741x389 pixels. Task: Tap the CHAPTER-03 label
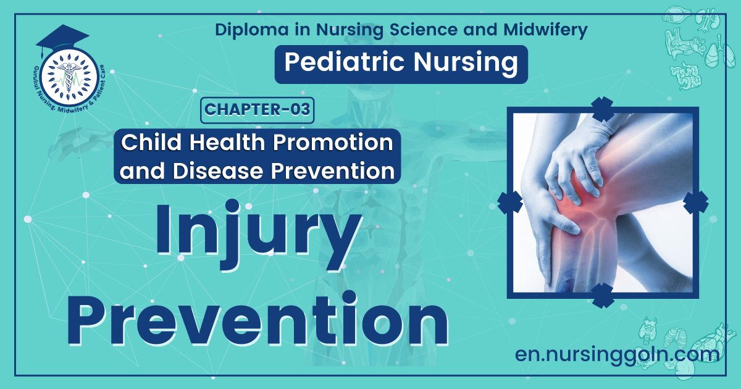coord(256,111)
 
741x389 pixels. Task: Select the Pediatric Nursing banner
coord(401,64)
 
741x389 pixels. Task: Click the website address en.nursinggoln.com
coord(617,354)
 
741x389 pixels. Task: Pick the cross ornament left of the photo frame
coord(510,202)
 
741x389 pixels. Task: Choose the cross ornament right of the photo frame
coord(696,202)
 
